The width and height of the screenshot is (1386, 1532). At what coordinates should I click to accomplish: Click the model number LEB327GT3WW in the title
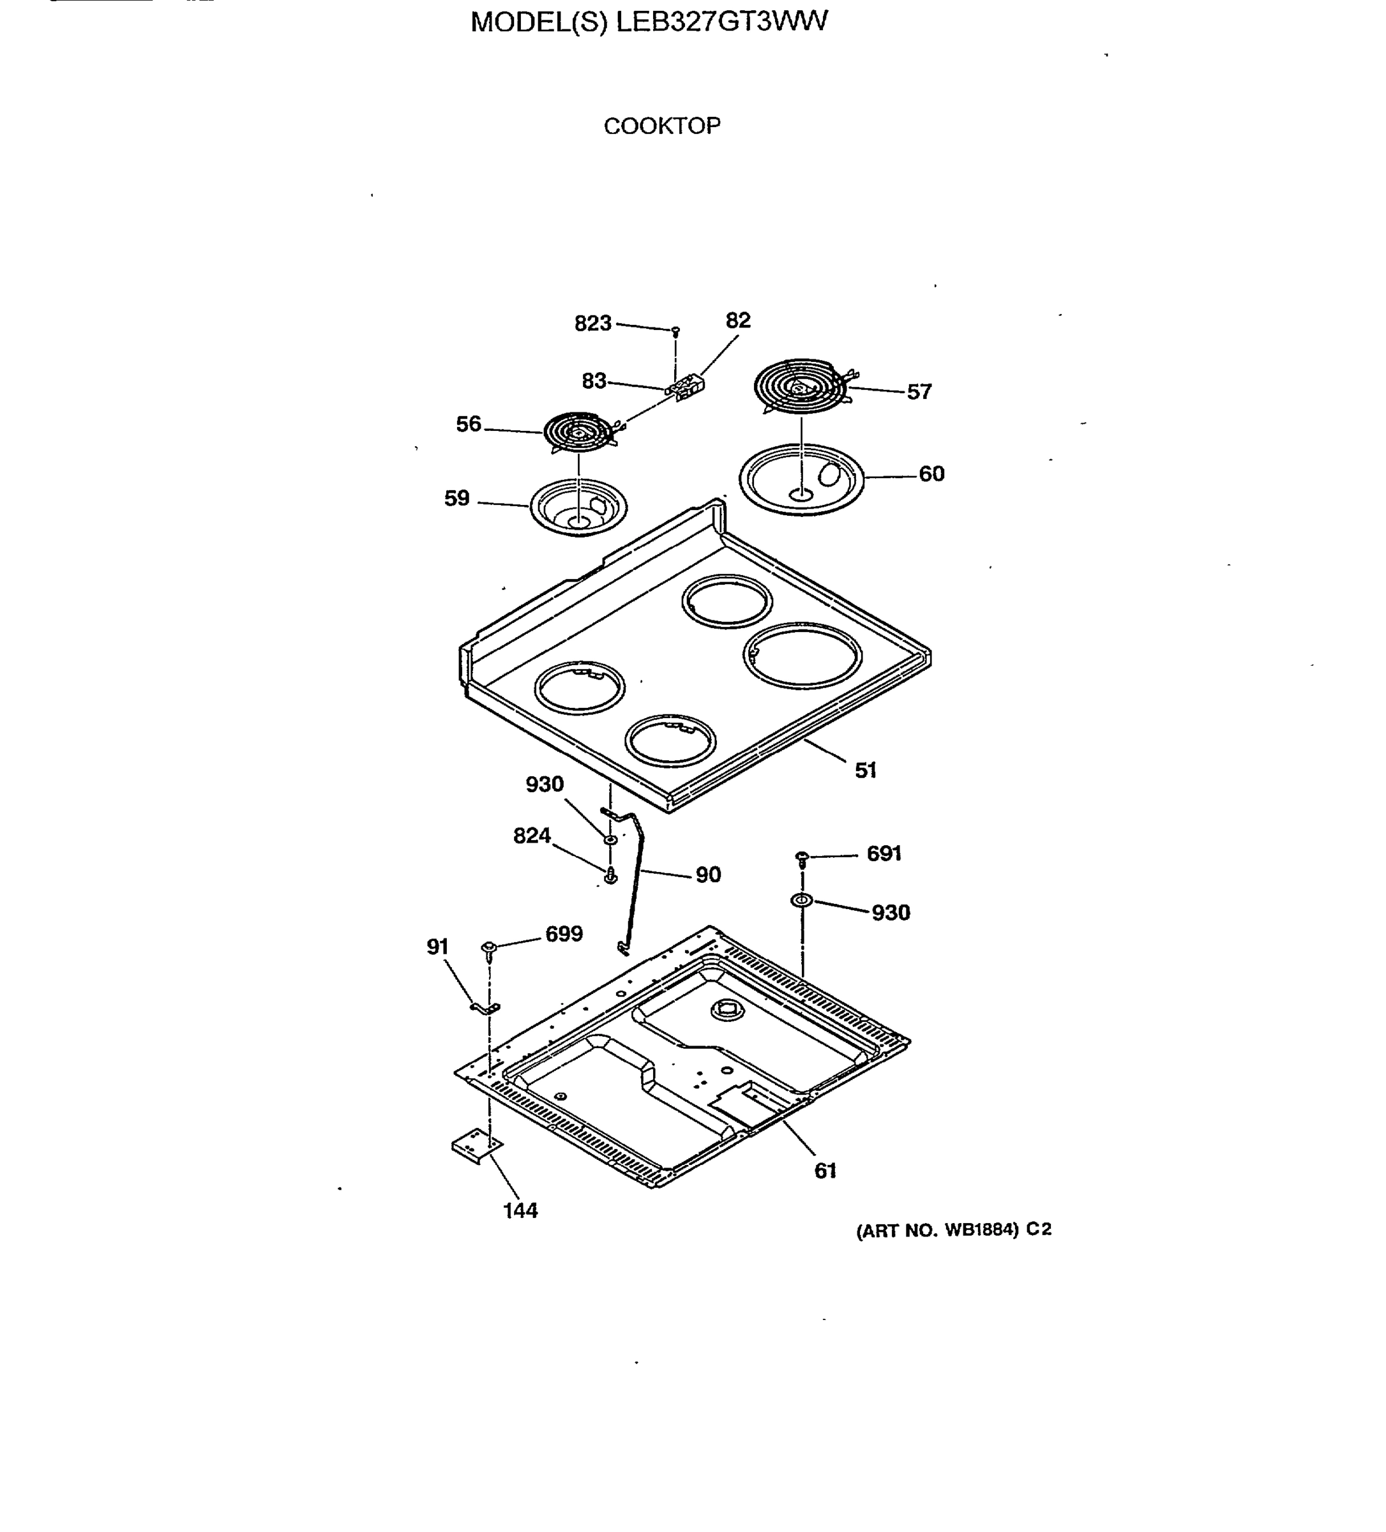click(721, 21)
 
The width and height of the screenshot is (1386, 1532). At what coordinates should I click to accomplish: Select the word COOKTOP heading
click(662, 126)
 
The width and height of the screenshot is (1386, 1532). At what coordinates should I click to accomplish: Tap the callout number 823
click(592, 324)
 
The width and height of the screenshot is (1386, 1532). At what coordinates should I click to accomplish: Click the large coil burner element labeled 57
click(799, 386)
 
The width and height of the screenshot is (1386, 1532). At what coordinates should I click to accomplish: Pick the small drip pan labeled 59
click(578, 506)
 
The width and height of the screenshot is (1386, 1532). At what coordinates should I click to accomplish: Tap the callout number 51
click(866, 770)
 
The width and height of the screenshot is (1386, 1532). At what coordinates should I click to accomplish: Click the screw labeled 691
click(800, 858)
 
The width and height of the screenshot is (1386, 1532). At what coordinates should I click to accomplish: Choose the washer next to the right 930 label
click(801, 901)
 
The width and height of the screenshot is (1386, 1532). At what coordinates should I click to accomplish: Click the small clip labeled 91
click(484, 1009)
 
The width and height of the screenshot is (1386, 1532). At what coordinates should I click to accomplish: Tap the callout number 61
click(825, 1171)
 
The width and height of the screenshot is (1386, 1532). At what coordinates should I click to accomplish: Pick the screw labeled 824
click(610, 877)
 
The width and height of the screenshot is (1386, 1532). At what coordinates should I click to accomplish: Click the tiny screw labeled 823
click(675, 331)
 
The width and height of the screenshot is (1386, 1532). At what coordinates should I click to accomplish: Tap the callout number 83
click(594, 380)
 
